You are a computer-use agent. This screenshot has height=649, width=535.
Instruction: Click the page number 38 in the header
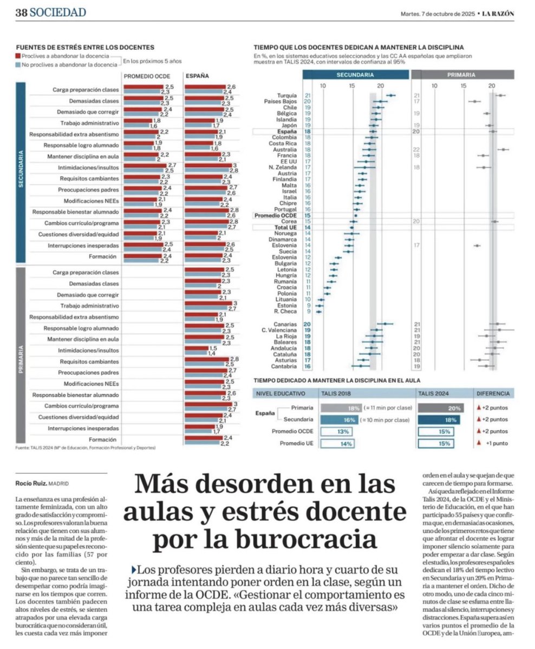click(21, 12)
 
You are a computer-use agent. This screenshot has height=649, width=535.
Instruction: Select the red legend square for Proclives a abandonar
click(18, 56)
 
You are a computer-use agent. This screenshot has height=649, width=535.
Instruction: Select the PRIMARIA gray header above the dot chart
click(462, 75)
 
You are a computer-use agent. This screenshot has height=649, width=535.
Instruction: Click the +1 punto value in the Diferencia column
click(493, 443)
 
